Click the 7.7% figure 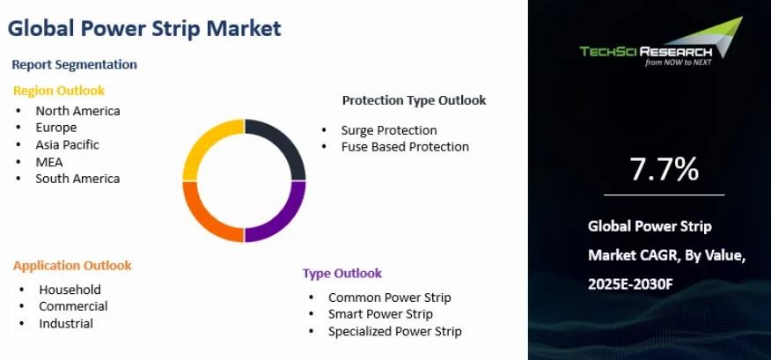pyautogui.click(x=664, y=169)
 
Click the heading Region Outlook pyautogui.click(x=58, y=91)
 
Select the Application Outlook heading pyautogui.click(x=72, y=266)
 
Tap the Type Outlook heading pyautogui.click(x=342, y=274)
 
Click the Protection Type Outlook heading pyautogui.click(x=414, y=101)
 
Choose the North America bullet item pyautogui.click(x=77, y=111)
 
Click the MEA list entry pyautogui.click(x=49, y=162)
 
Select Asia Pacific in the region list pyautogui.click(x=67, y=145)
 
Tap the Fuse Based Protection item pyautogui.click(x=405, y=147)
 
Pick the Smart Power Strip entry pyautogui.click(x=380, y=314)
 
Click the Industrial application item pyautogui.click(x=66, y=324)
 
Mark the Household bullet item pyautogui.click(x=70, y=290)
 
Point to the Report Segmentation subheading pyautogui.click(x=74, y=64)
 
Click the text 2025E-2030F pyautogui.click(x=630, y=283)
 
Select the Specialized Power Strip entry pyautogui.click(x=395, y=332)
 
